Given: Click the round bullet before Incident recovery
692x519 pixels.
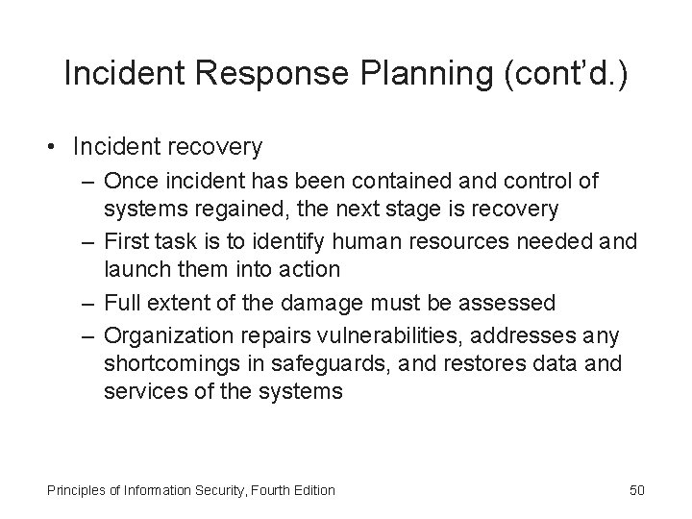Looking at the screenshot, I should click(x=56, y=147).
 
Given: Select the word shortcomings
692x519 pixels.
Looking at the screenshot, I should click(x=164, y=365).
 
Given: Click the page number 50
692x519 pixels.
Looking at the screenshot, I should click(x=637, y=490).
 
